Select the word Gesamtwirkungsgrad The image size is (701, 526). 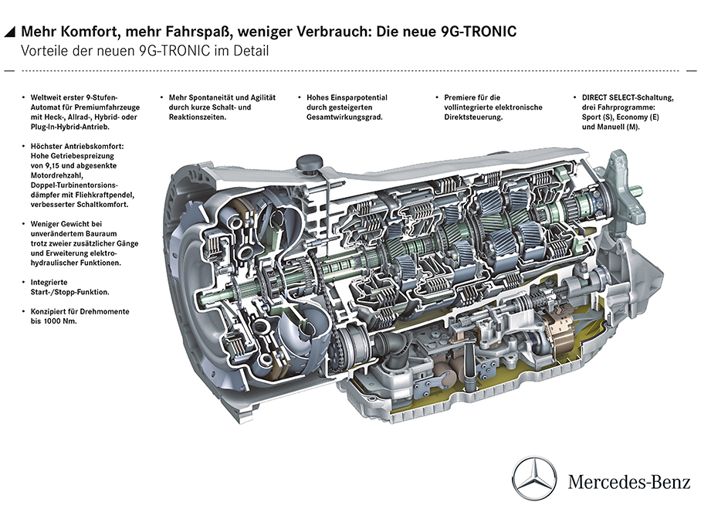(x=343, y=117)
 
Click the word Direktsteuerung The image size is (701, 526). (x=473, y=117)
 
